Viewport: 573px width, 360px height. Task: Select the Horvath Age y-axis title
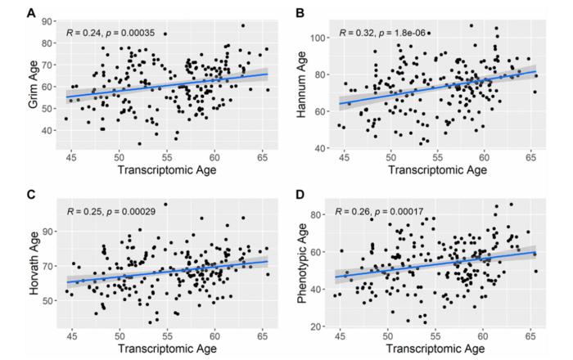pyautogui.click(x=34, y=264)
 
